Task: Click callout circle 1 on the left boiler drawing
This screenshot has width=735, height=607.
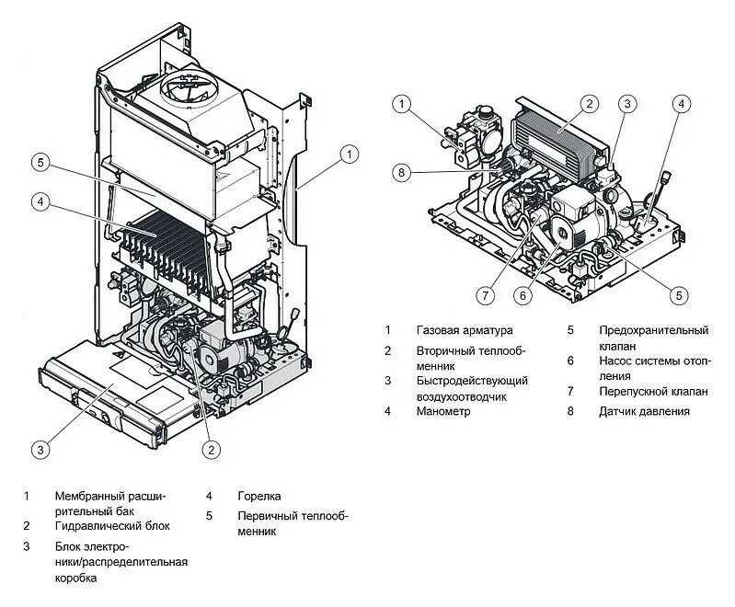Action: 349,155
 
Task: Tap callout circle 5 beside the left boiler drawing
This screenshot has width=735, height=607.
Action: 39,163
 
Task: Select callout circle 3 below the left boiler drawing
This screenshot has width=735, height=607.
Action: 39,450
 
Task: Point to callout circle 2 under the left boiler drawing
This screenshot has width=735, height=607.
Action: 212,450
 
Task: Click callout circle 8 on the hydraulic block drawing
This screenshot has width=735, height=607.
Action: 400,171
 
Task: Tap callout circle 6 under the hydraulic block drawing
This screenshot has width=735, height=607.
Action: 523,295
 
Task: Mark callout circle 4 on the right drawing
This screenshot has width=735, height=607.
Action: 681,103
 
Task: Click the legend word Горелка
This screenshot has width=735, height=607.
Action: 258,496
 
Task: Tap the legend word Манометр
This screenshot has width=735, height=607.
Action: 442,411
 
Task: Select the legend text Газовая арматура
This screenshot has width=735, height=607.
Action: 465,329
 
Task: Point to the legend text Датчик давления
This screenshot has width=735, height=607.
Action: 644,411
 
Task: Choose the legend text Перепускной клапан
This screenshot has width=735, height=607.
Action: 653,391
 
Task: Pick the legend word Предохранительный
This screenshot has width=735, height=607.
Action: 653,329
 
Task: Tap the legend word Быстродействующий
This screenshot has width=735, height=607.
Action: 471,380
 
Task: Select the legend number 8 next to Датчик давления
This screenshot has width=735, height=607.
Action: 570,411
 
